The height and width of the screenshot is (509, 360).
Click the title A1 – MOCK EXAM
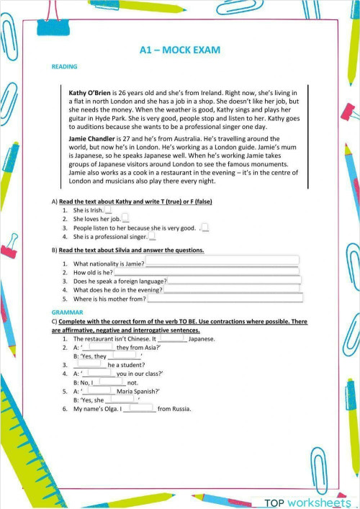pyautogui.click(x=179, y=50)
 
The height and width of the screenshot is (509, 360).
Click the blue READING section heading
pyautogui.click(x=65, y=67)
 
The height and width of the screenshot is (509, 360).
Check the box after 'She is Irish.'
pyautogui.click(x=109, y=210)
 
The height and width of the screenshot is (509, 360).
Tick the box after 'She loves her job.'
pyautogui.click(x=125, y=218)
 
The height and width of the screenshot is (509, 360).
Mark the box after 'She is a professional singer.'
pyautogui.click(x=152, y=236)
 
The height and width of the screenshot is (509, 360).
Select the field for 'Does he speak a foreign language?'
pyautogui.click(x=234, y=281)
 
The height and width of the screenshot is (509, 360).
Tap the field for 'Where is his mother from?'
pyautogui.click(x=225, y=298)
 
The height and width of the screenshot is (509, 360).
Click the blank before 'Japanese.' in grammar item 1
pyautogui.click(x=172, y=338)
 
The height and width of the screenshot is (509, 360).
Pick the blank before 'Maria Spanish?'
pyautogui.click(x=99, y=391)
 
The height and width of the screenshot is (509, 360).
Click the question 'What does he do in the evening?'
pyautogui.click(x=118, y=289)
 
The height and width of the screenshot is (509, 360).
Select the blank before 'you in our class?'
pyautogui.click(x=99, y=374)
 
